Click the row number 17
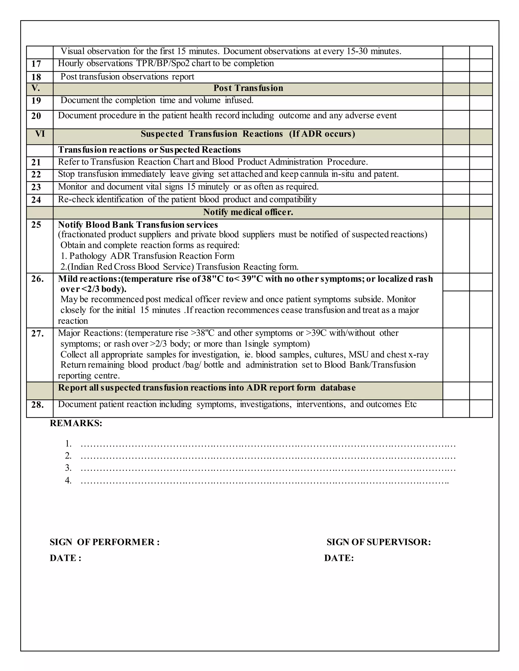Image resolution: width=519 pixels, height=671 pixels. pos(36,64)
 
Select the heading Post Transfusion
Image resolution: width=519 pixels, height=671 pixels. pos(248,88)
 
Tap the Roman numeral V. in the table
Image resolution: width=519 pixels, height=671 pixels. pos(36,88)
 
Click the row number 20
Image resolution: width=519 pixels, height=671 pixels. pos(36,116)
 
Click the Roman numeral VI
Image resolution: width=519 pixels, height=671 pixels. pos(40,134)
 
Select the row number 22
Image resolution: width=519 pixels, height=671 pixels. pos(36,174)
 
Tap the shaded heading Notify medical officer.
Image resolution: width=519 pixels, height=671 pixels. pos(248,212)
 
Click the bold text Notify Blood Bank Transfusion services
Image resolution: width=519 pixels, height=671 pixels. pos(138,225)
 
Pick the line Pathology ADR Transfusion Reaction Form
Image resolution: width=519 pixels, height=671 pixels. pos(147,256)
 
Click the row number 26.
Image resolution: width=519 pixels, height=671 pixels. pos(38,279)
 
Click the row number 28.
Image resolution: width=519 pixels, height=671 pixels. pos(38,405)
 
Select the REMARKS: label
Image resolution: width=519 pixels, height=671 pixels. pos(76,423)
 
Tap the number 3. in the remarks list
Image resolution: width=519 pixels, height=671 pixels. pos(68,468)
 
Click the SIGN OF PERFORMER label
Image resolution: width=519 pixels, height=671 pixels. pos(105,542)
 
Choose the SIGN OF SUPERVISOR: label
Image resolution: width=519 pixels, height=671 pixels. pos(379,542)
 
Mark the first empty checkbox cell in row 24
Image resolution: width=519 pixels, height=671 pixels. pos(456,200)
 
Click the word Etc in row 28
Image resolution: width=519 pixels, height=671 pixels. pos(411,404)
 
